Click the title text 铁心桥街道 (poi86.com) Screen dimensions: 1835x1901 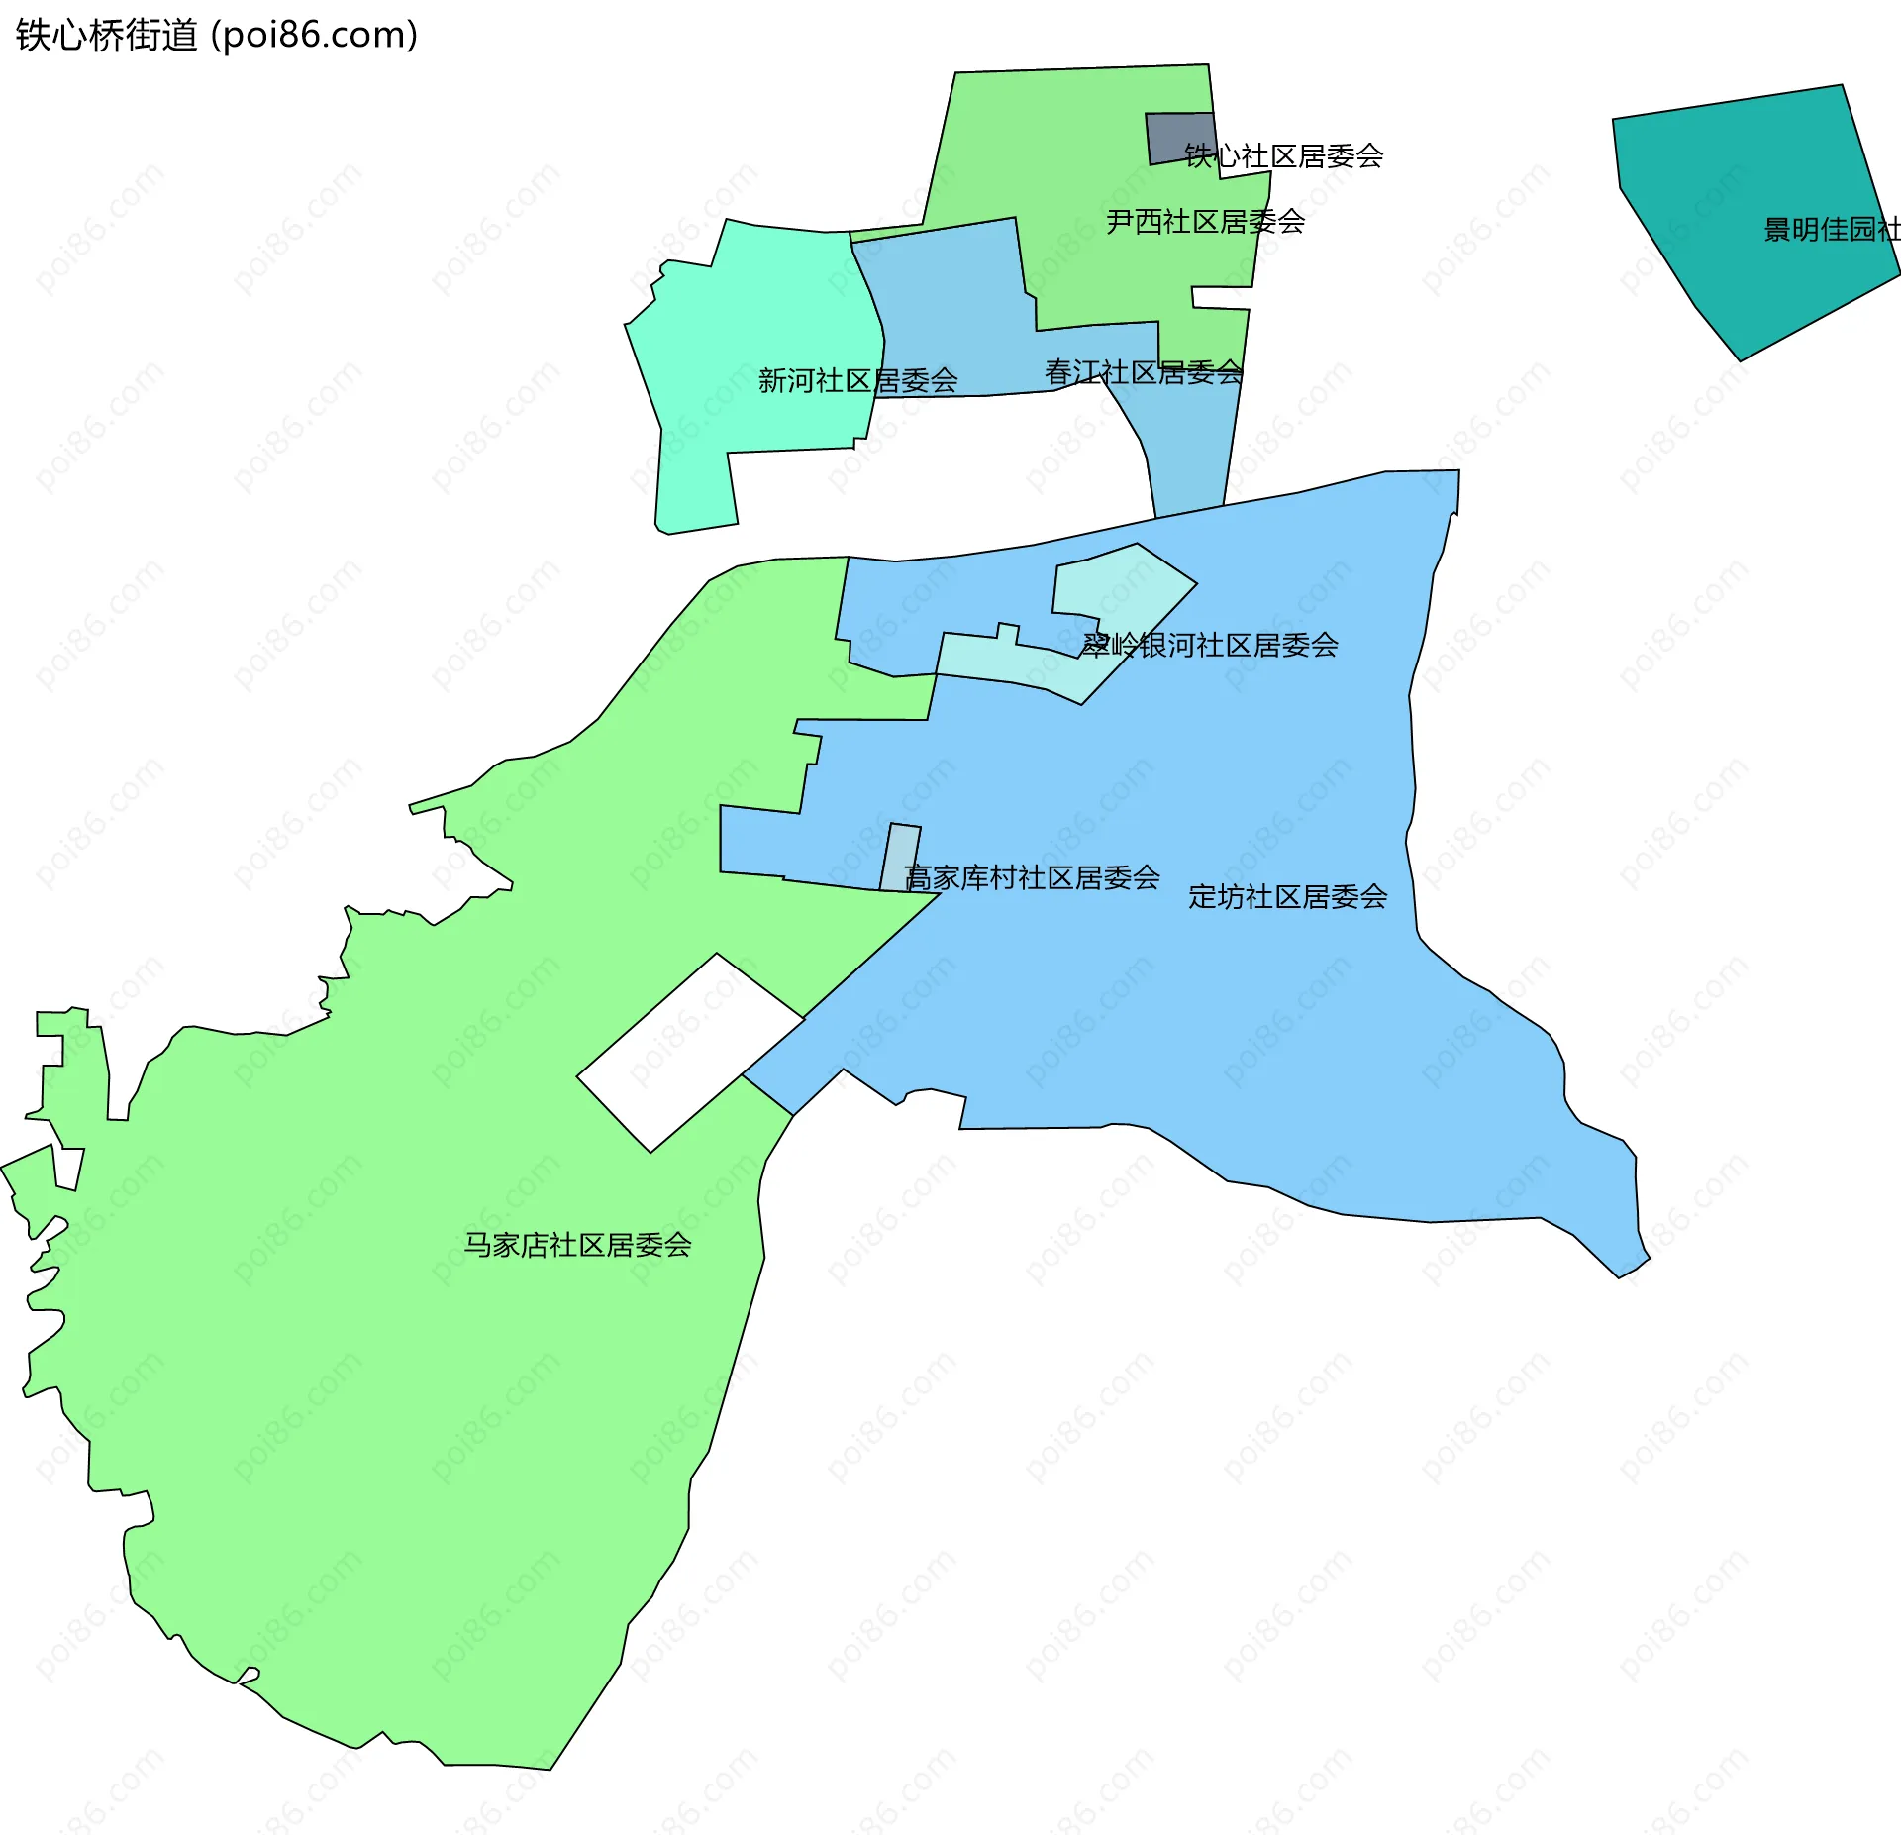click(216, 36)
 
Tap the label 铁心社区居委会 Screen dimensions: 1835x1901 click(1283, 156)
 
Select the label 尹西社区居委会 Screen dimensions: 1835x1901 click(1205, 222)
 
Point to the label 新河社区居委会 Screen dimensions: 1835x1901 click(857, 380)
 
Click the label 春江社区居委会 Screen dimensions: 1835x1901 click(1144, 372)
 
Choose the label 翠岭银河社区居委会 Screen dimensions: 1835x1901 click(1209, 646)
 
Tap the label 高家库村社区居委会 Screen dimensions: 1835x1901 click(1032, 877)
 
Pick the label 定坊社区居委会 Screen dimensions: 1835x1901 click(1287, 897)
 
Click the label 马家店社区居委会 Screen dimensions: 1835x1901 click(577, 1245)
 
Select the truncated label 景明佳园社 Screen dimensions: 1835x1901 click(1832, 230)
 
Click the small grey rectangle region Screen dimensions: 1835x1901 click(1178, 136)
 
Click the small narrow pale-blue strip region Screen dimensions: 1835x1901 click(900, 858)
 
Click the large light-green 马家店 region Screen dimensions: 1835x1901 click(396, 1386)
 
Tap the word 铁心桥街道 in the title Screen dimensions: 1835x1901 click(107, 36)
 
